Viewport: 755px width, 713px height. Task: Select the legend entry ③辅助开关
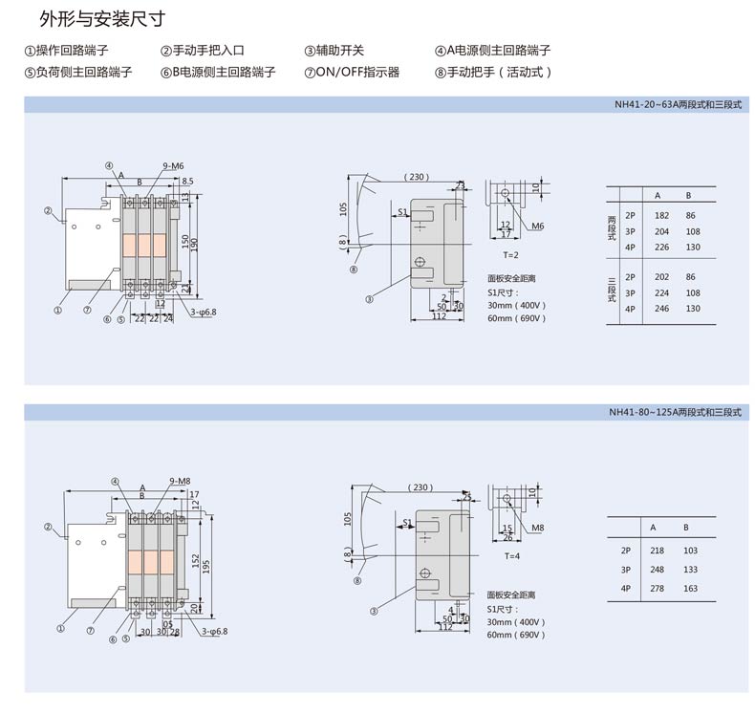(334, 51)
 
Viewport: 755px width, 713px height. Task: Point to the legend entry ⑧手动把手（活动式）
(493, 72)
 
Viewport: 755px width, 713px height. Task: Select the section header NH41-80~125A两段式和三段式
(676, 413)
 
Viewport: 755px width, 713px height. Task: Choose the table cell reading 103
(691, 551)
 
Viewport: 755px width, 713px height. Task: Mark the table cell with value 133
(691, 570)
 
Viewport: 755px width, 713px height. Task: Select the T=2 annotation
(510, 255)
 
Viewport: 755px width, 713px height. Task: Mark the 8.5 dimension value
(187, 181)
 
